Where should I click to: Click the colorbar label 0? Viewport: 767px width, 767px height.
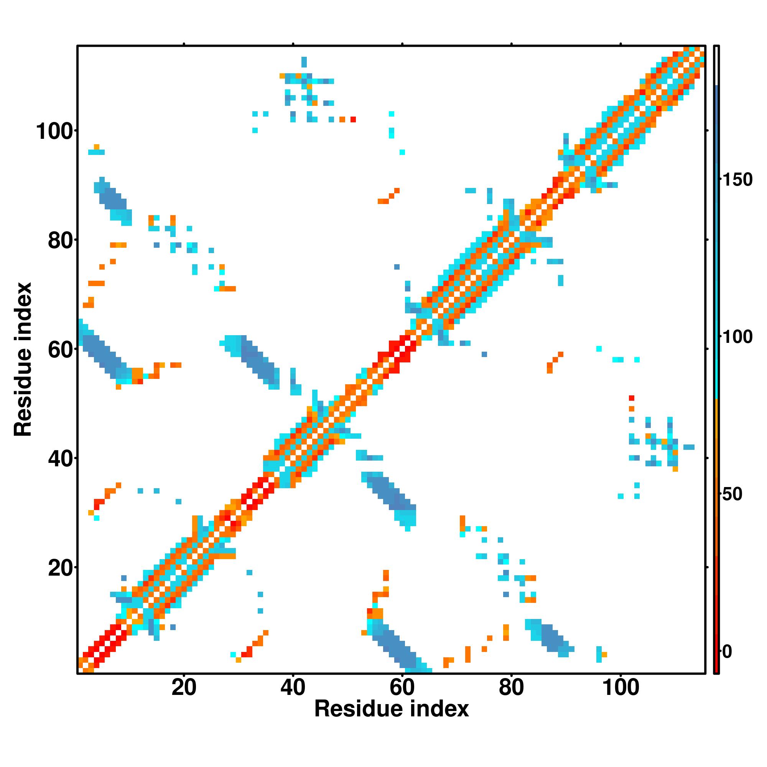pyautogui.click(x=727, y=652)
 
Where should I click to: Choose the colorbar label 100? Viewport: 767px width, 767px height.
pyautogui.click(x=737, y=337)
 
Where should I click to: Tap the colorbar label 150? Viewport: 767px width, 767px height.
pyautogui.click(x=737, y=180)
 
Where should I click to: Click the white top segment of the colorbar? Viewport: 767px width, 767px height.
pyautogui.click(x=717, y=66)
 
